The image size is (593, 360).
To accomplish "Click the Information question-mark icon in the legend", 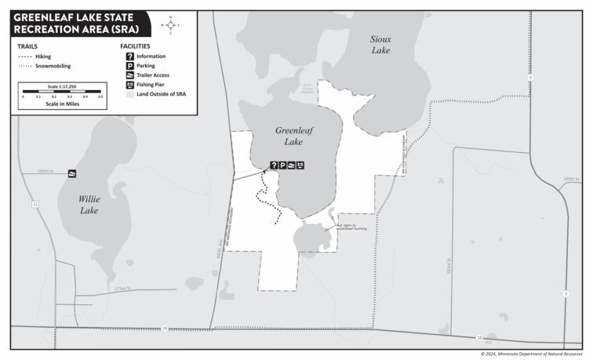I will pyautogui.click(x=129, y=56).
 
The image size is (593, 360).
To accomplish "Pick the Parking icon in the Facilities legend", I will pyautogui.click(x=129, y=66).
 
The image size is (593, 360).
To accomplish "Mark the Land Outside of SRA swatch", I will pyautogui.click(x=129, y=93).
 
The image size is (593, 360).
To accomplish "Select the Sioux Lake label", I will pyautogui.click(x=381, y=44).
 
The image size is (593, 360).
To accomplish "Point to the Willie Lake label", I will pyautogui.click(x=89, y=205).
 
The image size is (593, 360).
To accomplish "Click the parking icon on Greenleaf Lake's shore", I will pyautogui.click(x=282, y=165).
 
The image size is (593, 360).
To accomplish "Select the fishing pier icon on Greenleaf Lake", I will pyautogui.click(x=300, y=165).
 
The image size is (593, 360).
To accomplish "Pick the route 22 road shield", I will pyautogui.click(x=35, y=204).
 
